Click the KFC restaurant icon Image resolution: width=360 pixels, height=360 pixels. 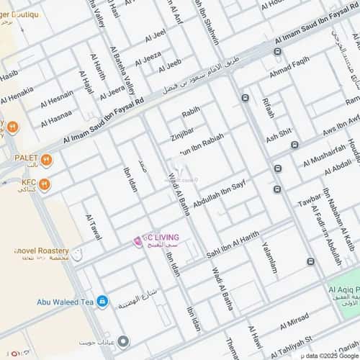(45, 184)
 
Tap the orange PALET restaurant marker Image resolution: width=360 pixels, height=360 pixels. (47, 159)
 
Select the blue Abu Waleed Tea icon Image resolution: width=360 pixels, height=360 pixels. (102, 302)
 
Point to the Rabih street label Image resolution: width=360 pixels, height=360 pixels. (190, 113)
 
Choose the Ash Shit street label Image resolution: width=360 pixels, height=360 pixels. (279, 134)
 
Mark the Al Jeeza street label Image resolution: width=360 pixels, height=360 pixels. (148, 55)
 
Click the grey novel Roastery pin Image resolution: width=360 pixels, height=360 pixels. (77, 254)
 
